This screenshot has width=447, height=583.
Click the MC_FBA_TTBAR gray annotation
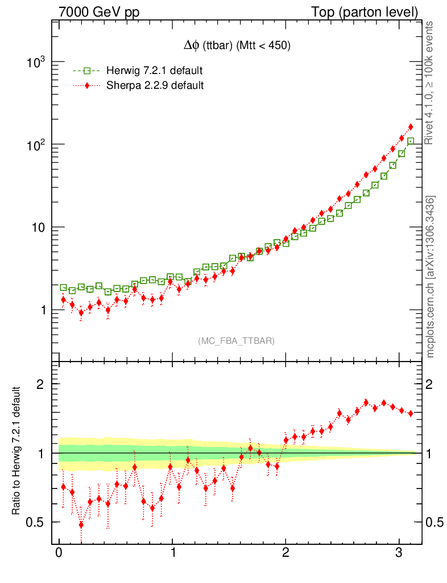click(237, 340)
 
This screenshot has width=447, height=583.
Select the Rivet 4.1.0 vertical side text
click(431, 83)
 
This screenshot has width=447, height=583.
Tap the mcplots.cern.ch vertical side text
click(431, 277)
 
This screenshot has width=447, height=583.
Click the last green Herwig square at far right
click(411, 141)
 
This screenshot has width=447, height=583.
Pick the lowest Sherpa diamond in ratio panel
click(81, 524)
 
